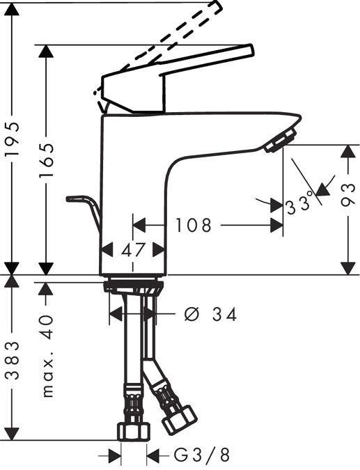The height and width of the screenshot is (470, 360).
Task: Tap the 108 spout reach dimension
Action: tap(193, 226)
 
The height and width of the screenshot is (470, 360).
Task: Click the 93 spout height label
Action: tap(348, 204)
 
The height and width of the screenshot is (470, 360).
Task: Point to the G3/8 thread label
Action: tap(201, 457)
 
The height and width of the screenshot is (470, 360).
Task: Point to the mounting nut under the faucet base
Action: tap(133, 285)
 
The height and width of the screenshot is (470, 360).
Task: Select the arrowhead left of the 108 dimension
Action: tap(139, 226)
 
